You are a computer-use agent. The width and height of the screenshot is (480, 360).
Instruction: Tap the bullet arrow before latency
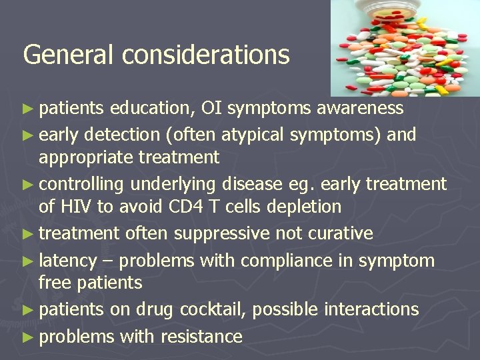pyautogui.click(x=29, y=259)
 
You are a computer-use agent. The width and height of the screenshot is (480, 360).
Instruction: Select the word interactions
pyautogui.click(x=371, y=309)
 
